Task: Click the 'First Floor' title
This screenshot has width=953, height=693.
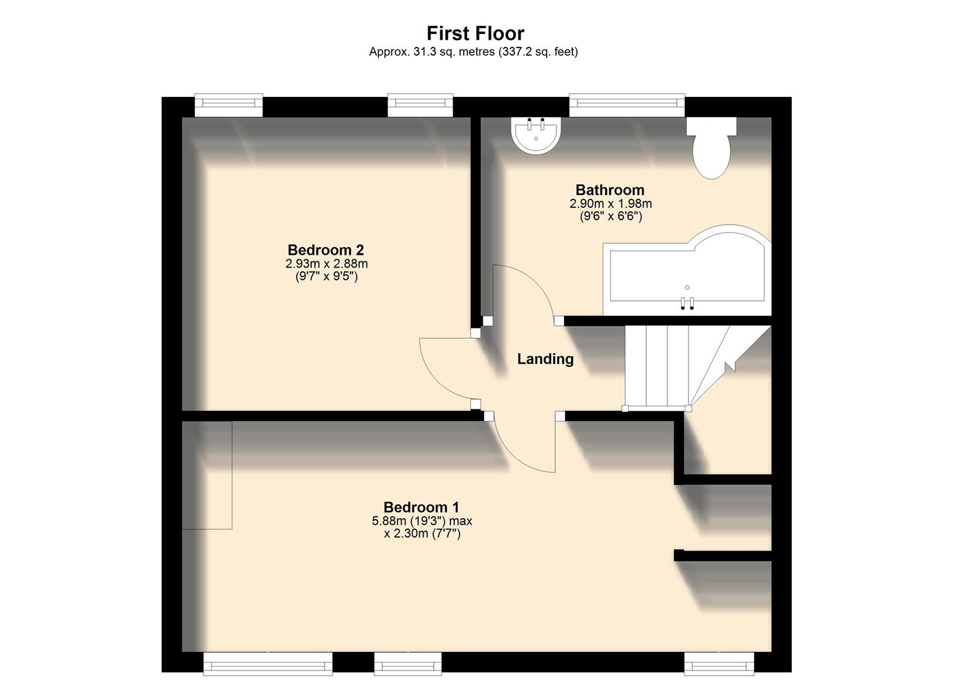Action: point(476,33)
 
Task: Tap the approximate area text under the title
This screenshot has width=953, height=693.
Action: point(473,52)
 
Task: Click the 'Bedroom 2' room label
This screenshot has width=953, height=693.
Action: point(325,250)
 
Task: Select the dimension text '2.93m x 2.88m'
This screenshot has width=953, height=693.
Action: point(327,264)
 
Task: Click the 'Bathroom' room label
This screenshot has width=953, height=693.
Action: point(610,190)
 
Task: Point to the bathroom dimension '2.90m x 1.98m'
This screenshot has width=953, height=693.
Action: point(610,204)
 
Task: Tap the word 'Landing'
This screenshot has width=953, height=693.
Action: point(545,359)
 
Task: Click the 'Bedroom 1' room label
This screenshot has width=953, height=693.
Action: point(421,508)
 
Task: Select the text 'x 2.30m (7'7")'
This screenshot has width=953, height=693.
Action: point(422,534)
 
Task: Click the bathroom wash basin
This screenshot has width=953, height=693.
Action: point(537,136)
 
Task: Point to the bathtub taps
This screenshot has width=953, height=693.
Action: point(687,304)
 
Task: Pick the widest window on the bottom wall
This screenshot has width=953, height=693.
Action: point(268,663)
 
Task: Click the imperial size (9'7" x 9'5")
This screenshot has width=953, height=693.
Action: point(327,277)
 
